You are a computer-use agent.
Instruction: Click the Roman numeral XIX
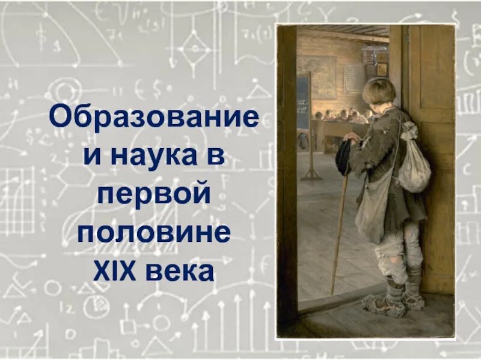117,271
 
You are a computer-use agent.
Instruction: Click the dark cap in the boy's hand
344,157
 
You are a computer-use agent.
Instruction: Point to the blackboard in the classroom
304,102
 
